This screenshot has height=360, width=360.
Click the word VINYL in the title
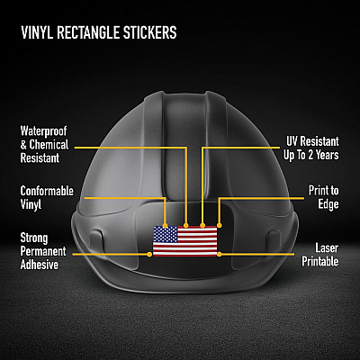(37, 32)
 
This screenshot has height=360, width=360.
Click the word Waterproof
(43, 131)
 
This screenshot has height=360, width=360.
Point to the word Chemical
(49, 145)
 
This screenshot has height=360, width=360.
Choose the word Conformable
(47, 191)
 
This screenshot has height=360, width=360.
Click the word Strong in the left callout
(34, 238)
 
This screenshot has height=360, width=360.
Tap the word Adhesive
(40, 265)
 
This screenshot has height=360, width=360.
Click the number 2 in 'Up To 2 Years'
(311, 155)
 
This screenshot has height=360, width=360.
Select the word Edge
(328, 204)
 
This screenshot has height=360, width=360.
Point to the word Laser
(327, 248)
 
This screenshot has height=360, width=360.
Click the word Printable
(320, 261)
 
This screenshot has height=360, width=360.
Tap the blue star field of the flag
(166, 234)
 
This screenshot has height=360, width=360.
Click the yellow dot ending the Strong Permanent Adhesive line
(149, 255)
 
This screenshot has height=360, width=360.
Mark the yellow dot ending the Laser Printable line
(220, 255)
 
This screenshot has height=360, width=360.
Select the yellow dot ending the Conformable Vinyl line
(165, 225)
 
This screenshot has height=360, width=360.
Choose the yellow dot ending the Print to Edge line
(220, 225)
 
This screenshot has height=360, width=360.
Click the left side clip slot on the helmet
(97, 241)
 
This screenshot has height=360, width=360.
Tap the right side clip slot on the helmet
(274, 241)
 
